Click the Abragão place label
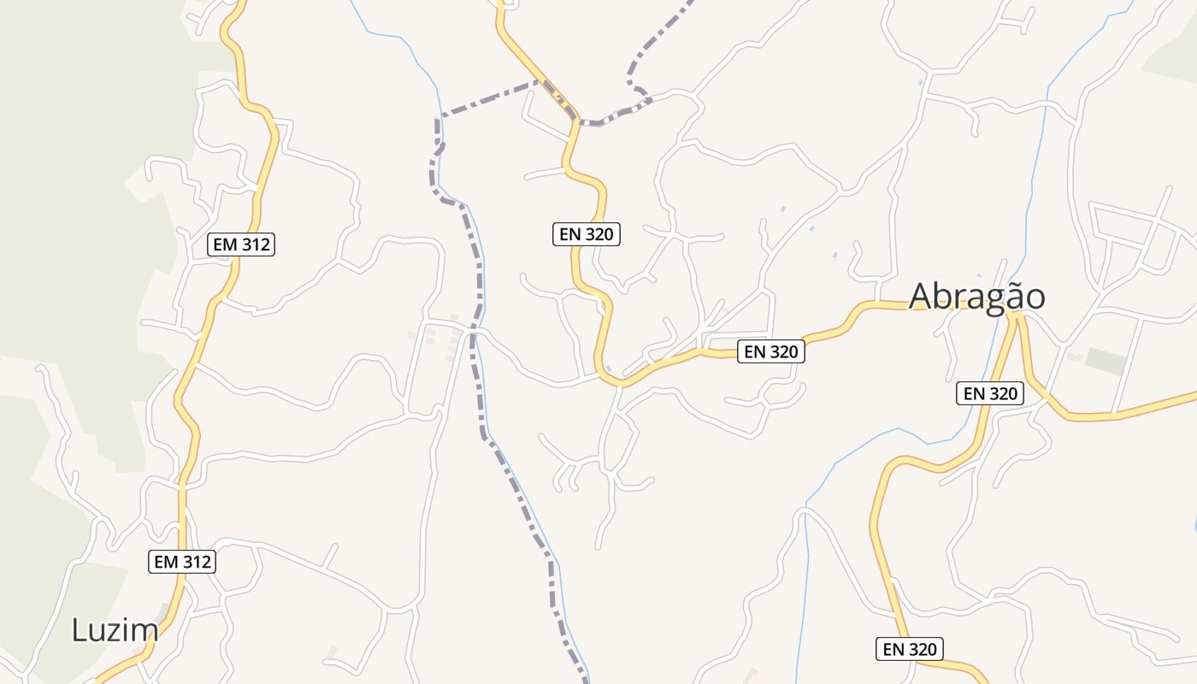click(x=976, y=297)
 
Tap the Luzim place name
click(x=115, y=631)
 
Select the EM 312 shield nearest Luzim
click(x=182, y=562)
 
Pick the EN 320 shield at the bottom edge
click(x=911, y=649)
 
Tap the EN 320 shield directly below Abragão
click(x=989, y=393)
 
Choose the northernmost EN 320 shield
click(x=587, y=234)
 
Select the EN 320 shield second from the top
click(x=771, y=351)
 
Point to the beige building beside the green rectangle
click(x=1073, y=356)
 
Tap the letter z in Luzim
click(x=121, y=631)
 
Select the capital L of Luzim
click(x=80, y=631)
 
